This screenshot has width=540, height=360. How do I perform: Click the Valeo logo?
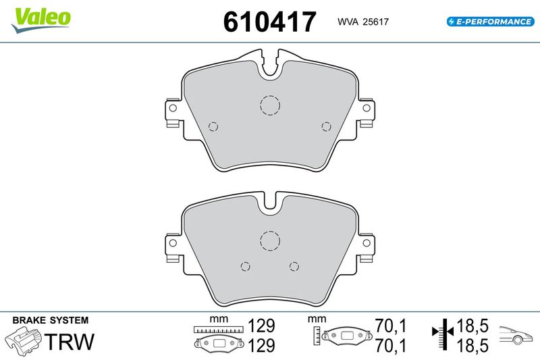coord(40,20)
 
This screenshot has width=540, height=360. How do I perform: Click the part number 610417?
coord(269,22)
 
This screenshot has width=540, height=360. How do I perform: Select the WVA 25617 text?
coord(363,22)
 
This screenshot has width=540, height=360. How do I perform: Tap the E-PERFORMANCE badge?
coord(491,22)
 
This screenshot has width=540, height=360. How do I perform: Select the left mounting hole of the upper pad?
coord(173,108)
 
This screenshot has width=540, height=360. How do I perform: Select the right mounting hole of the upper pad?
coord(367,108)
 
